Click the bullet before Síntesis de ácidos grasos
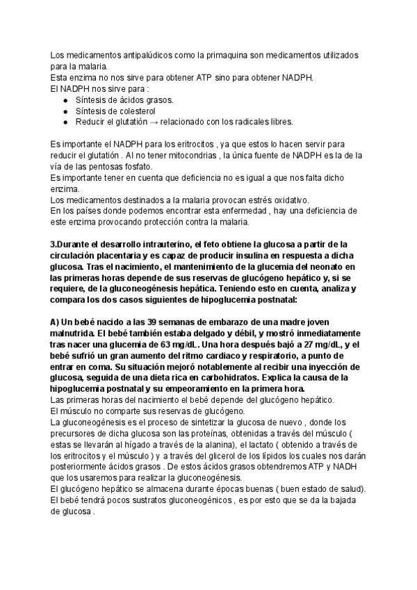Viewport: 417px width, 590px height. click(65, 99)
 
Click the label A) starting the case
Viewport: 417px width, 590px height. click(57, 321)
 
